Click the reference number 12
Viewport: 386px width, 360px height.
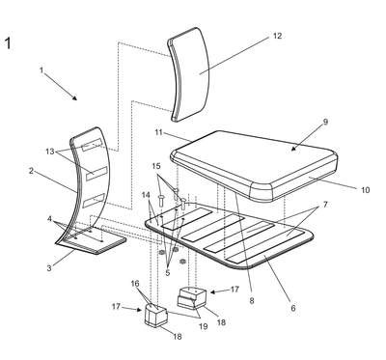click(x=277, y=36)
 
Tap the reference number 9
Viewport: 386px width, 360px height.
click(x=325, y=122)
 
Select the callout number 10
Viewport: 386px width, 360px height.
click(x=365, y=190)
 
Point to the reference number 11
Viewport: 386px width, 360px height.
click(x=159, y=132)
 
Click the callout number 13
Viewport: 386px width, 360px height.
click(x=50, y=152)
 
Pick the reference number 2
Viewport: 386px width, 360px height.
click(x=31, y=171)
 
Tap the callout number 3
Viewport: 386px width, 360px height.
click(x=49, y=267)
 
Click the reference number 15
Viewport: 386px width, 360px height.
click(x=156, y=166)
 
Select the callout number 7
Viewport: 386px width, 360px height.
click(x=325, y=205)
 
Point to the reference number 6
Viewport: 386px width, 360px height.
click(x=293, y=308)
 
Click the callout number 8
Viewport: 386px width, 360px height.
click(x=252, y=300)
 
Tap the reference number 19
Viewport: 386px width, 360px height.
click(x=204, y=326)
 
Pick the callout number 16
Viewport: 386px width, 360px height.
click(x=135, y=284)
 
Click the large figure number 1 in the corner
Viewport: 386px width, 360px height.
click(x=8, y=43)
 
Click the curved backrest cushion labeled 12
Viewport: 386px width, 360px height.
click(x=189, y=74)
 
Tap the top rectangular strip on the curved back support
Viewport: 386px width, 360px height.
click(x=92, y=145)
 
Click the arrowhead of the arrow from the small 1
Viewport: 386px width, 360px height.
click(x=75, y=98)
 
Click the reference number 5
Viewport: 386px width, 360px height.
click(x=168, y=273)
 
